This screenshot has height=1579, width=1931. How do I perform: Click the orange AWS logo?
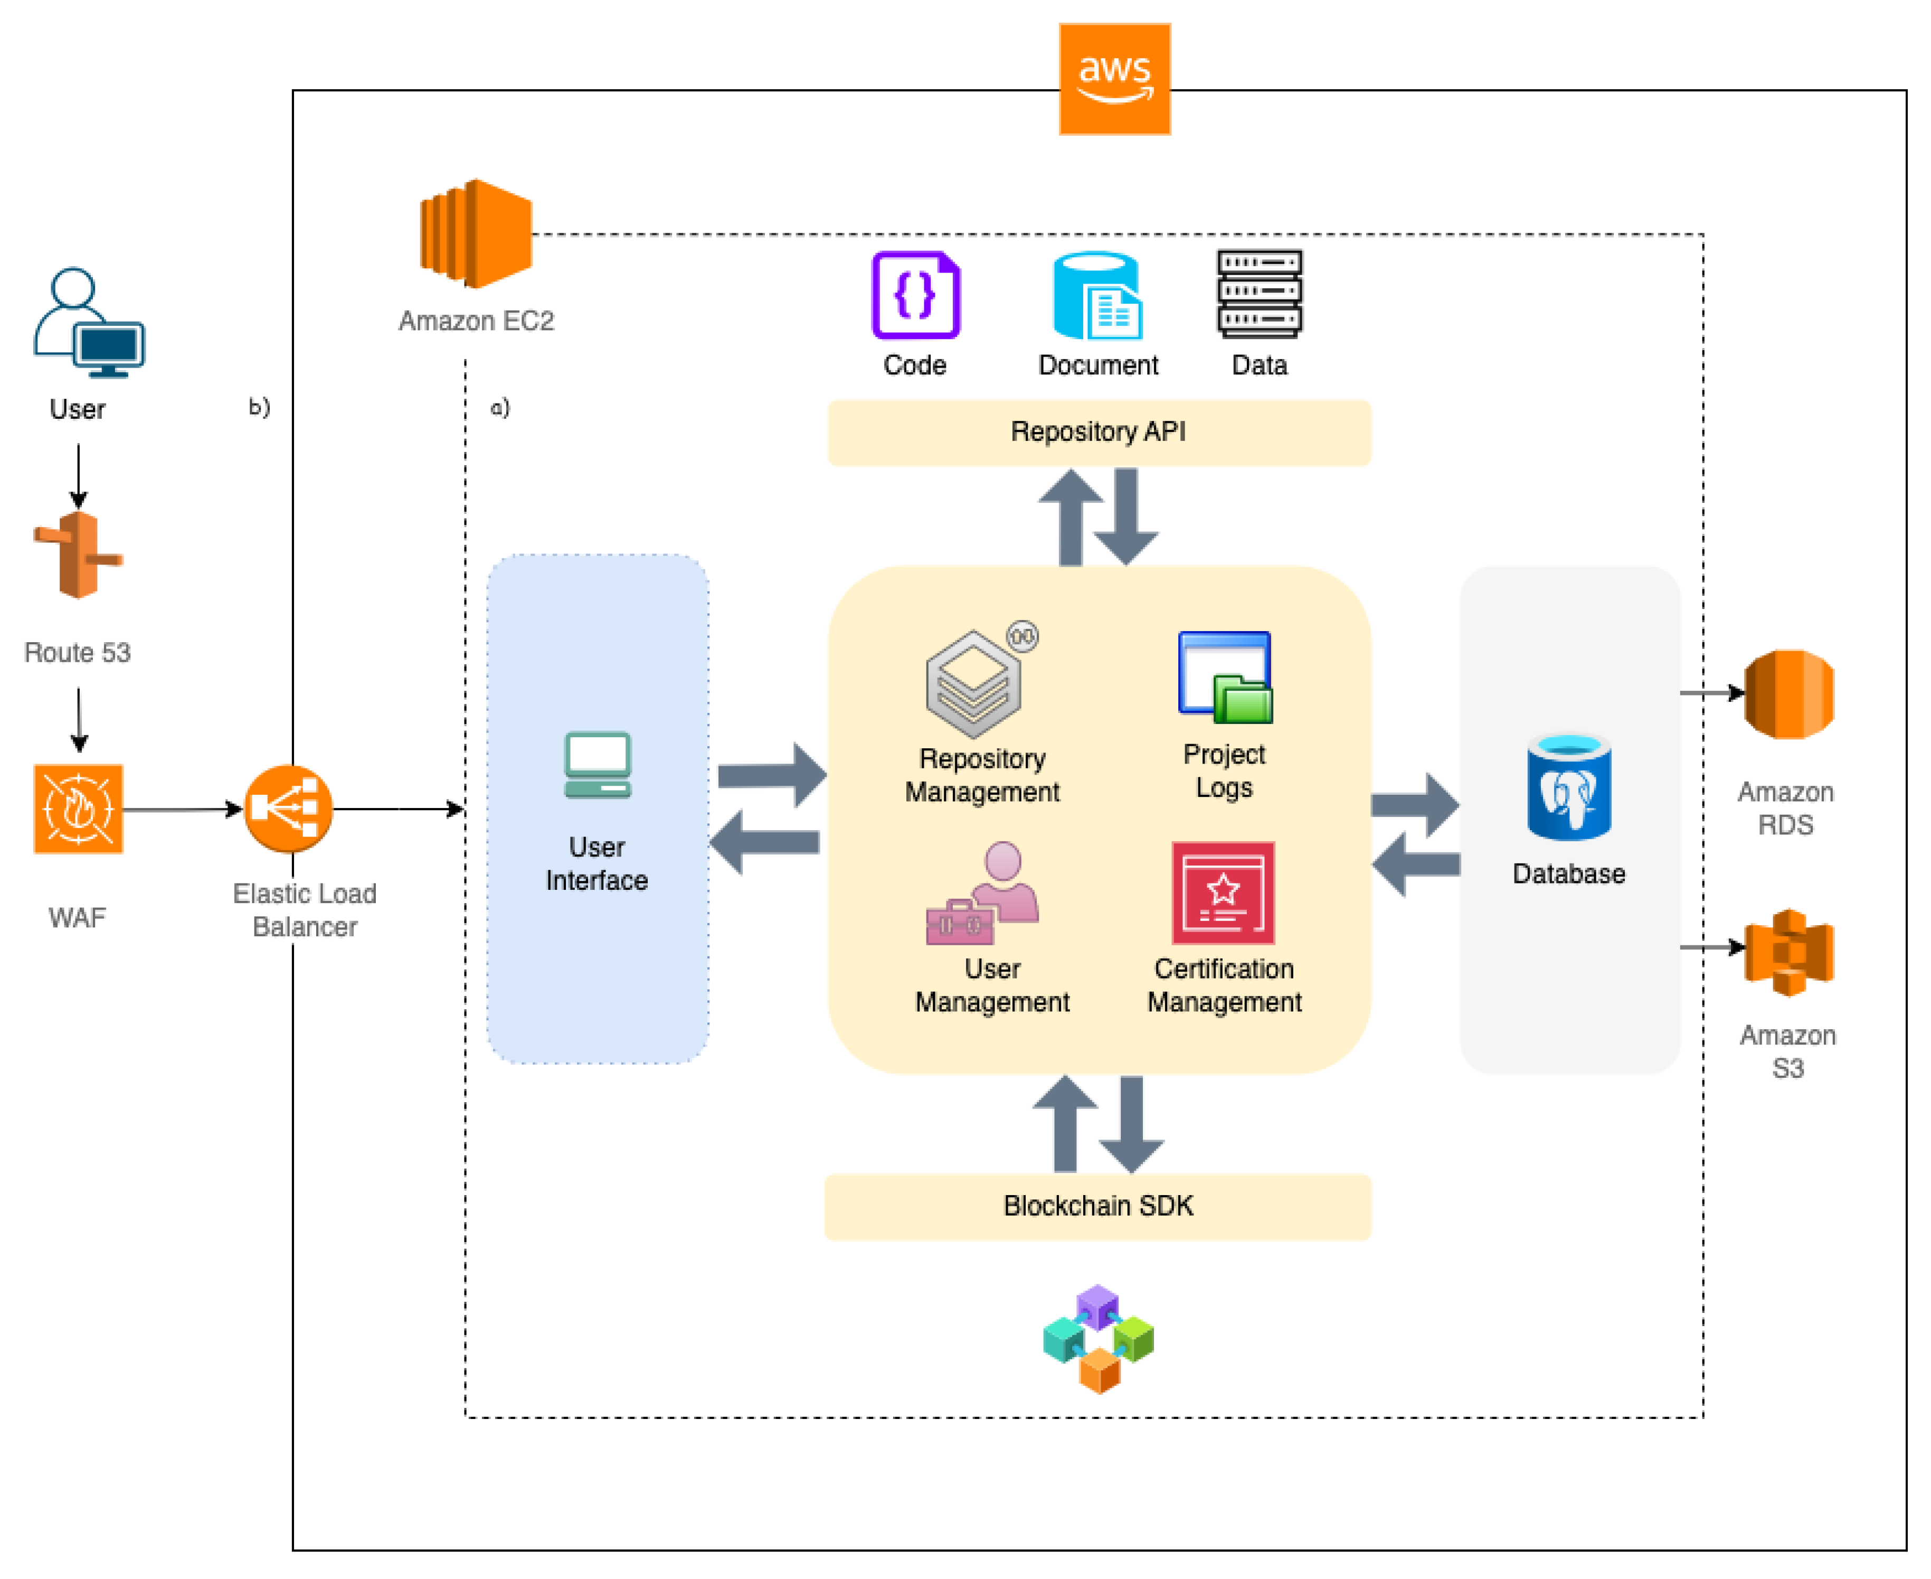coord(1114,79)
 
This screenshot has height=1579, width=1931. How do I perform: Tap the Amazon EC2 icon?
coord(476,234)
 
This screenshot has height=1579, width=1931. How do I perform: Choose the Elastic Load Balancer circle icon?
coord(288,809)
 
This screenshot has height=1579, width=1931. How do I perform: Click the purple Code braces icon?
coord(915,295)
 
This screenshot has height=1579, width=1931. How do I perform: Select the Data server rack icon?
coord(1259,294)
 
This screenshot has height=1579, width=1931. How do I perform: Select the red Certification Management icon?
coord(1223,893)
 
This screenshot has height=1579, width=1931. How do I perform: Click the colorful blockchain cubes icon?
coord(1098,1338)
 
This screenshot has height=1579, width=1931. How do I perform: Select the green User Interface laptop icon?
coord(598,765)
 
